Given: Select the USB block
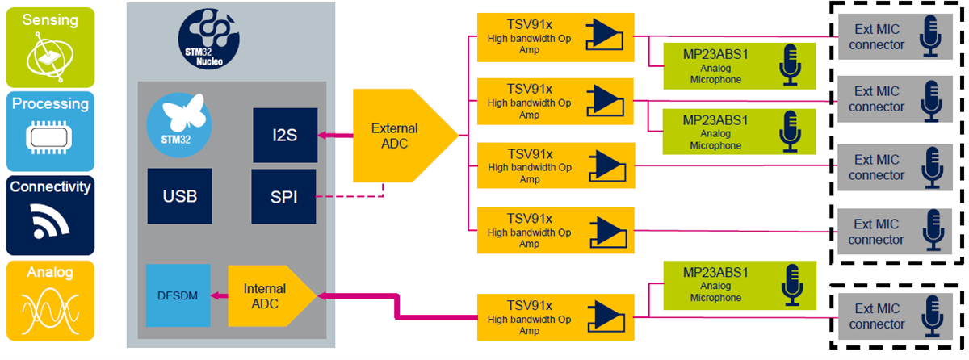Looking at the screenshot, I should pos(180,196).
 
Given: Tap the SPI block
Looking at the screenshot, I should pos(283,196).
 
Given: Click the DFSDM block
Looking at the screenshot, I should pos(178,296).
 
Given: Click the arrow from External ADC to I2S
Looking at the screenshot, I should pos(334,135).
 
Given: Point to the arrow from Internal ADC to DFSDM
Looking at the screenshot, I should pos(219,296).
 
